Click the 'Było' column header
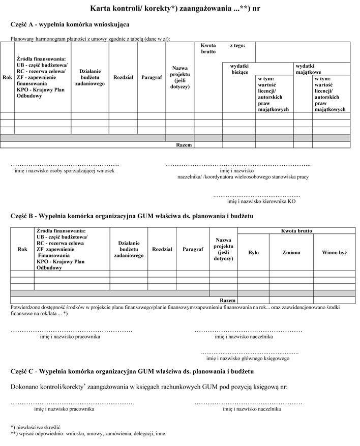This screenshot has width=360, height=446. (x=253, y=253)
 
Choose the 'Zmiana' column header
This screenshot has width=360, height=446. (x=291, y=253)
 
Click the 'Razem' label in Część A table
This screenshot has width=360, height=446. (x=184, y=145)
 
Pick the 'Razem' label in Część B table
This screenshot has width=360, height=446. (x=227, y=300)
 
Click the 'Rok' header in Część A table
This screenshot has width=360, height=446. (x=7, y=77)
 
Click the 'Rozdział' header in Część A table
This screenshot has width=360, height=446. (x=123, y=77)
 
